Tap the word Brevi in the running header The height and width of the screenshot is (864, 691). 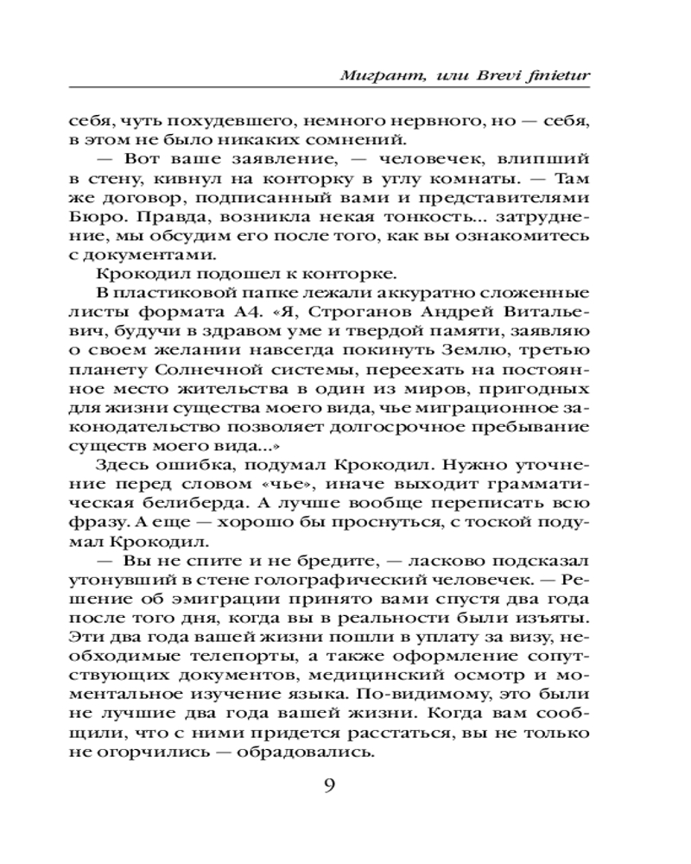point(487,76)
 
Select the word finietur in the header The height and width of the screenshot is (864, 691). point(553,76)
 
